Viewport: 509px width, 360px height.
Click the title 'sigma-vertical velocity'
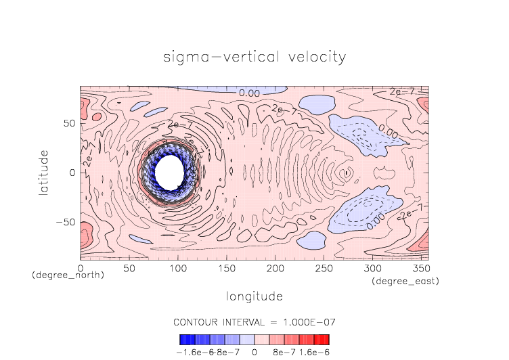(255, 57)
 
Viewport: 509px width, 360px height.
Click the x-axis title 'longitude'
(255, 296)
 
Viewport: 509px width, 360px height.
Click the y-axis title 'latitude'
(44, 173)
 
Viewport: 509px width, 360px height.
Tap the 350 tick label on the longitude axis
(420, 269)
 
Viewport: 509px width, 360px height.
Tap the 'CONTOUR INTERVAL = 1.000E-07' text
(255, 321)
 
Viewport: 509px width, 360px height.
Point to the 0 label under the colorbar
(254, 353)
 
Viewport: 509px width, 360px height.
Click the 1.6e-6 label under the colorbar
(313, 353)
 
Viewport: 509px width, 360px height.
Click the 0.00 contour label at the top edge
(249, 93)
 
